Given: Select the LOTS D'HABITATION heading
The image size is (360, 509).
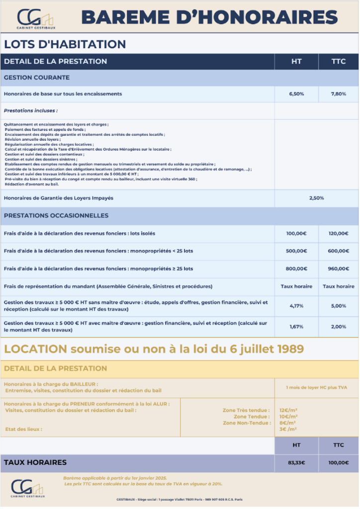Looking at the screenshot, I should pyautogui.click(x=65, y=44).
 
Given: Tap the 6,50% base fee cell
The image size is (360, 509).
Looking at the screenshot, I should pyautogui.click(x=296, y=93).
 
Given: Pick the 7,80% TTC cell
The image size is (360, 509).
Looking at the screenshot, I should pyautogui.click(x=338, y=93).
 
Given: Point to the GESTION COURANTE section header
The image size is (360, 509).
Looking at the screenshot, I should pyautogui.click(x=37, y=78).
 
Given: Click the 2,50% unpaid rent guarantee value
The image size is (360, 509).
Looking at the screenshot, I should pyautogui.click(x=316, y=198).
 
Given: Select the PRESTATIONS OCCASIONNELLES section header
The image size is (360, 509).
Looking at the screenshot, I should pyautogui.click(x=56, y=216).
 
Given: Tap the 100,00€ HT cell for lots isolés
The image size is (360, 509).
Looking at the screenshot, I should pyautogui.click(x=296, y=233).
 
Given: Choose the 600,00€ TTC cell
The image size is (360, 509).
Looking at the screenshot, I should pyautogui.click(x=338, y=251).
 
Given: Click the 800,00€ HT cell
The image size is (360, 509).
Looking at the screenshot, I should pyautogui.click(x=296, y=268).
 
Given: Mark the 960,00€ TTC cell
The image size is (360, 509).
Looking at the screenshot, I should pyautogui.click(x=338, y=268).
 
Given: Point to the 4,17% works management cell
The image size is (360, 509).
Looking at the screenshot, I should pyautogui.click(x=296, y=306).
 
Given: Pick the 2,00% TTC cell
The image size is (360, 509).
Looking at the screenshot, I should pyautogui.click(x=338, y=327).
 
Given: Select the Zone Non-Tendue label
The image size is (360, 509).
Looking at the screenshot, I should pyautogui.click(x=247, y=423).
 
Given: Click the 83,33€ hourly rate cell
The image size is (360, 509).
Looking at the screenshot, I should pyautogui.click(x=296, y=463).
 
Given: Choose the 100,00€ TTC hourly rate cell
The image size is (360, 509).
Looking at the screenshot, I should pyautogui.click(x=338, y=463).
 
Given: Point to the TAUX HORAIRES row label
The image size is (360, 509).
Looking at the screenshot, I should pyautogui.click(x=35, y=462).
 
